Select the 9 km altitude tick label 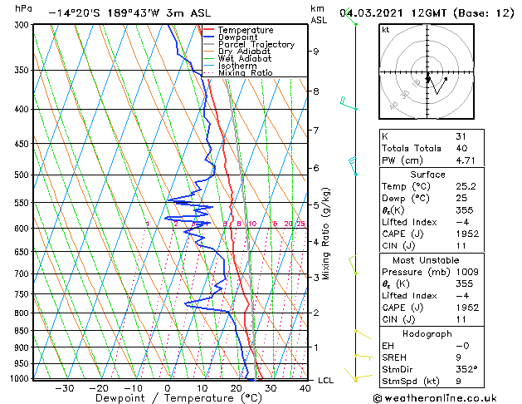315,52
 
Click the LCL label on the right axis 326,381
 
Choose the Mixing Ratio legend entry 246,73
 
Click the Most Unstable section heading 427,260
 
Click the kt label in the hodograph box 386,29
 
